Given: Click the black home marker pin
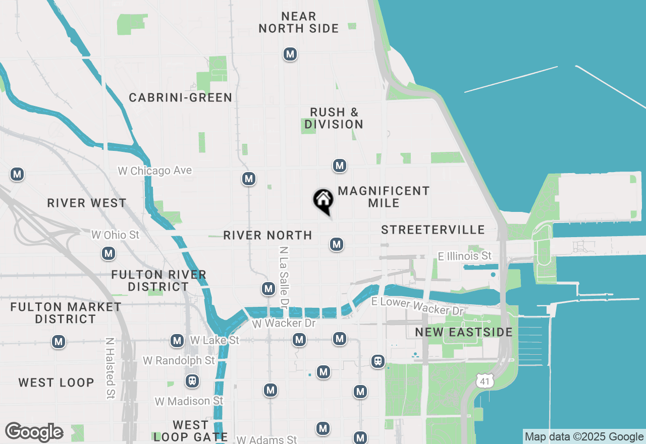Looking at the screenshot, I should point(323,200).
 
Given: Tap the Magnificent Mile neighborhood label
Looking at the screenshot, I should point(384,197).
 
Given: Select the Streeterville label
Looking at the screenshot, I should point(433,230).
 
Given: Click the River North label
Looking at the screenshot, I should point(267,235).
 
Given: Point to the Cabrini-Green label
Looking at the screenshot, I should point(181,98).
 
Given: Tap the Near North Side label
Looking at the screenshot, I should point(298,23).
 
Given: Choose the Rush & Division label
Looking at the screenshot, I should point(334,118).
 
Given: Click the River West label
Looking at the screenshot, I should point(87,203).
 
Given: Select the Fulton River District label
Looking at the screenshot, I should point(158,281).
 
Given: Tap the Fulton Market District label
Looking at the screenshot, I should point(66,313).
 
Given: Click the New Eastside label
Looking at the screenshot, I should point(464,332).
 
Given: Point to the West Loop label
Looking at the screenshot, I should point(57,382).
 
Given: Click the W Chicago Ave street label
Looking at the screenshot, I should point(155,171).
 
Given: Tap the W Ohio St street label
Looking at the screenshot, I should point(115,235).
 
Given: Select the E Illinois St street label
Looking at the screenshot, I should point(464,256).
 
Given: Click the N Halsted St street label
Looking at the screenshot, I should point(110,368).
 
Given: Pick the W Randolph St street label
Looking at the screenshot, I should point(179,360).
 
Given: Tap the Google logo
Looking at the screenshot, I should point(34,432).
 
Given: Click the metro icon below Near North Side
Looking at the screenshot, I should point(290,54).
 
